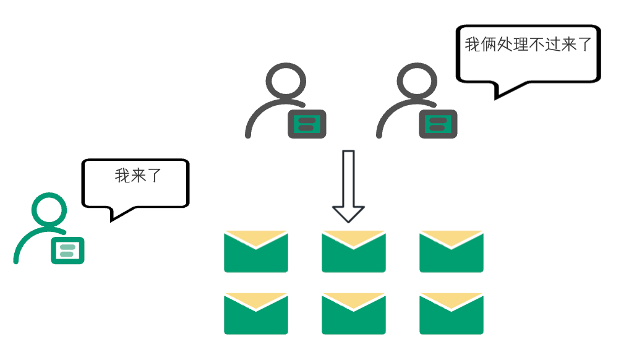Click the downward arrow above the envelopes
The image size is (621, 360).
pos(349,186)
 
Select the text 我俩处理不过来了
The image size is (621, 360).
pos(528,45)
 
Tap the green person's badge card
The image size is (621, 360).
pos(67,250)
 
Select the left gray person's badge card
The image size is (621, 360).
pos(307,124)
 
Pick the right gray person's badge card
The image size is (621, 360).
pos(438,124)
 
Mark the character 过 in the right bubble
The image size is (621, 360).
pos(552,45)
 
